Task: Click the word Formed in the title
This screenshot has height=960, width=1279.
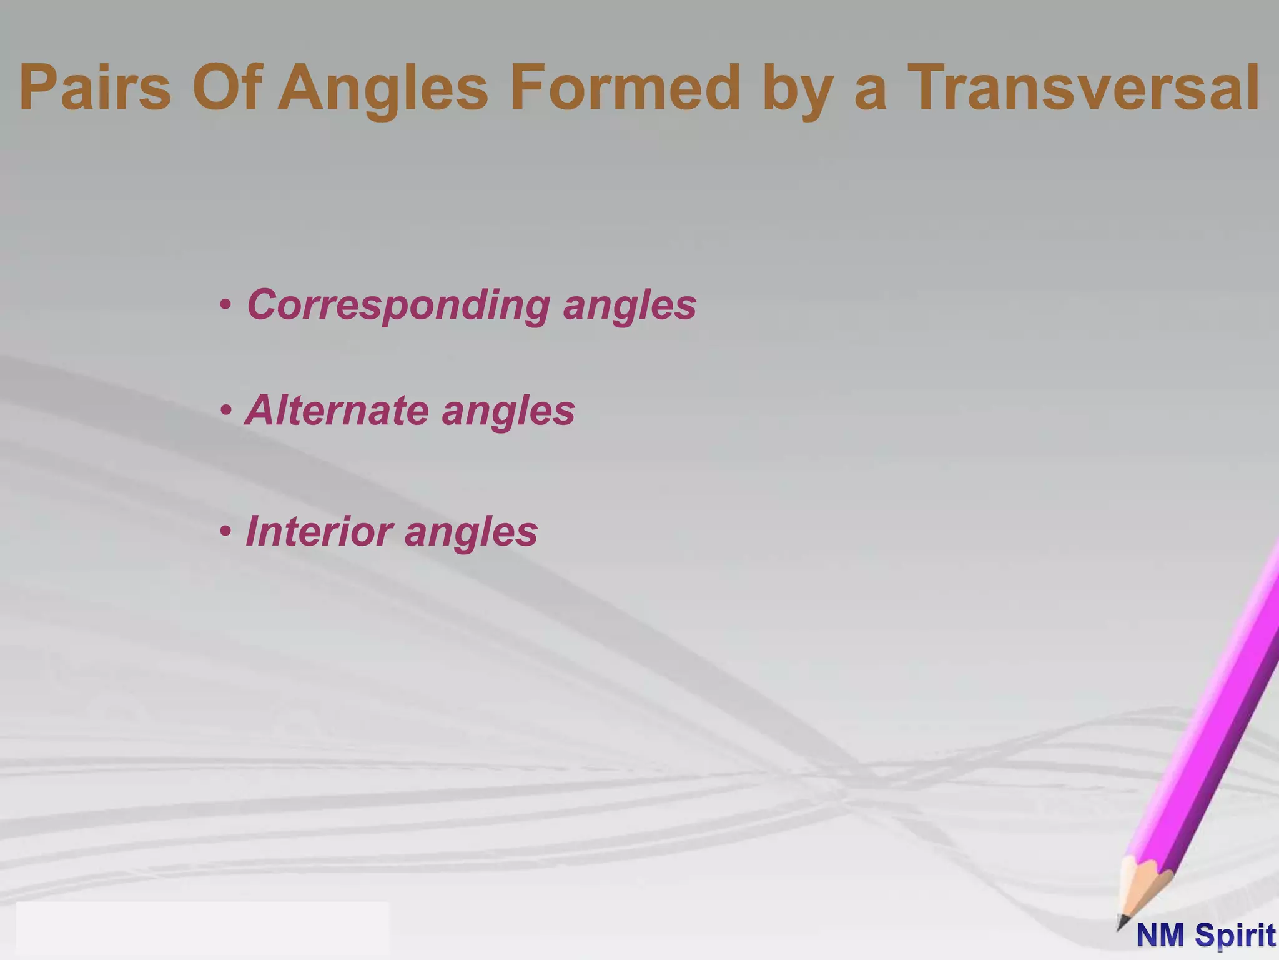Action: coord(625,88)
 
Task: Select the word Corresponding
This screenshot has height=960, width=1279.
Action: coord(398,306)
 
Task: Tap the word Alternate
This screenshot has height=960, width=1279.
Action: coord(337,411)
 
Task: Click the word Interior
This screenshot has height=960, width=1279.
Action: coord(319,531)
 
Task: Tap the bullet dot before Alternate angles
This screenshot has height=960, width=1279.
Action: coord(225,411)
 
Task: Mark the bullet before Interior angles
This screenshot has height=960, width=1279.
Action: coord(225,532)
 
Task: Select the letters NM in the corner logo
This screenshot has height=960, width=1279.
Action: coord(1161,936)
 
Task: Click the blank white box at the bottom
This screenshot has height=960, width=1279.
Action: coord(202,929)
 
